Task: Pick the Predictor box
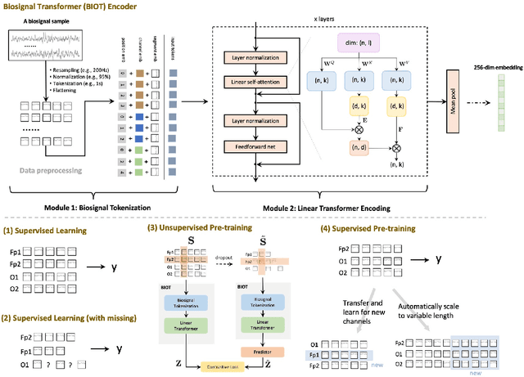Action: [255, 351]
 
